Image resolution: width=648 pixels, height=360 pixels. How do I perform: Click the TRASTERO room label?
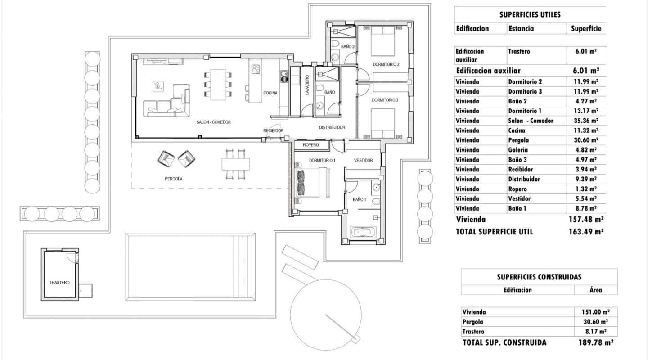tap(59, 283)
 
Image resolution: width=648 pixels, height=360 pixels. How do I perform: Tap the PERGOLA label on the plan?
tap(174, 179)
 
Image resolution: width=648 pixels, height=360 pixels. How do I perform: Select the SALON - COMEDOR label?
tap(213, 122)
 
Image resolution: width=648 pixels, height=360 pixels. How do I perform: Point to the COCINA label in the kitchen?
tap(270, 93)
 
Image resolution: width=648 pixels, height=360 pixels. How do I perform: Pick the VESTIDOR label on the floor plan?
tap(363, 160)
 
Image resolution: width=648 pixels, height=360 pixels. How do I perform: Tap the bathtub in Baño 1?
tap(364, 233)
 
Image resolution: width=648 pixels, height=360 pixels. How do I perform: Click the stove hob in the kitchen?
tap(256, 69)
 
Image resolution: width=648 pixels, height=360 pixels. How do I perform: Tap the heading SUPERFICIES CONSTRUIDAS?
tap(539, 277)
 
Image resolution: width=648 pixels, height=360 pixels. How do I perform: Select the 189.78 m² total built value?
tap(596, 342)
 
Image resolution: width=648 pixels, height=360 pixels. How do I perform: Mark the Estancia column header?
tap(521, 28)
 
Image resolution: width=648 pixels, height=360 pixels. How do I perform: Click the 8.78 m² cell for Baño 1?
tap(586, 208)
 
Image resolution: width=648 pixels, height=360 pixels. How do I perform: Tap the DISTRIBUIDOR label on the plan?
tap(332, 127)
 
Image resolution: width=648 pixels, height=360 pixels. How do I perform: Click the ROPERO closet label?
tap(310, 145)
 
